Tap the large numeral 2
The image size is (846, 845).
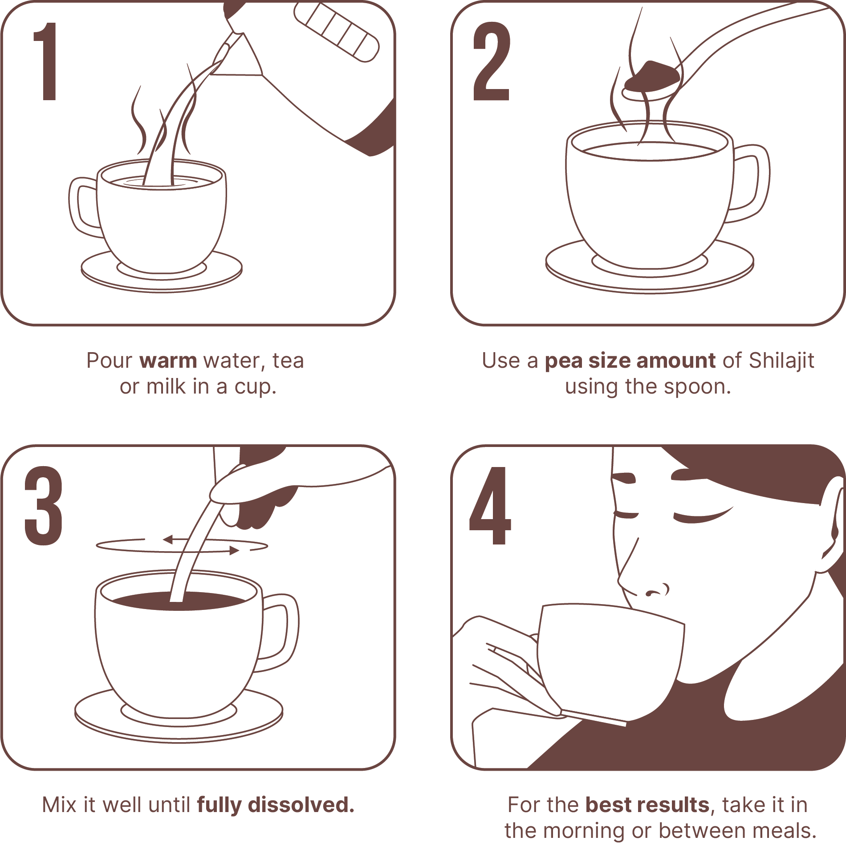(491, 61)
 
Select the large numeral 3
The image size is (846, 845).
(43, 506)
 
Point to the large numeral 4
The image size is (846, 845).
(490, 506)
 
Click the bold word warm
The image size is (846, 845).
(168, 361)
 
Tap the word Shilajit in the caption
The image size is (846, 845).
(781, 361)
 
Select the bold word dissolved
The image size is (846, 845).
(301, 805)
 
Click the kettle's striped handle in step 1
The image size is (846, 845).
(336, 33)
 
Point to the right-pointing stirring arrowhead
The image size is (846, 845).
(234, 551)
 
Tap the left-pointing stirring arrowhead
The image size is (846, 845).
(168, 540)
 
